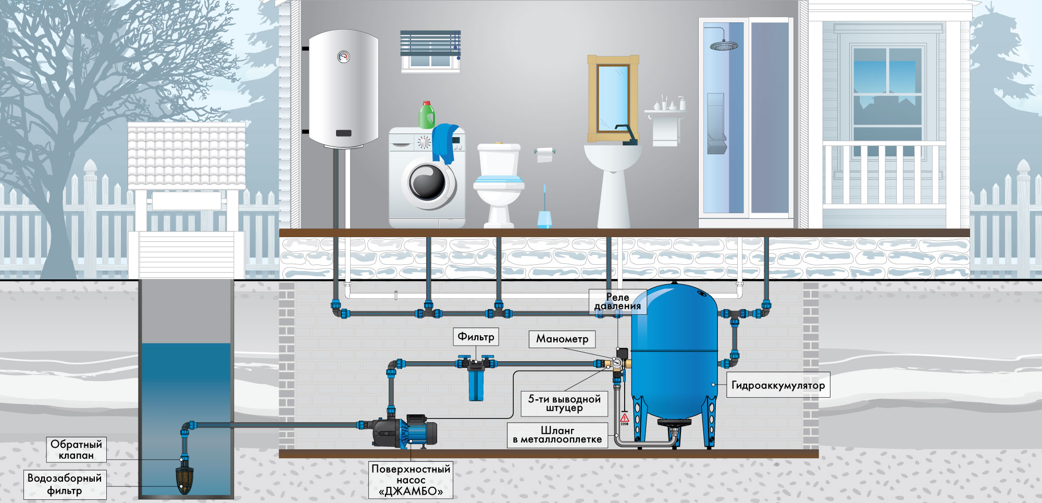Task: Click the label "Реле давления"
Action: (618, 302)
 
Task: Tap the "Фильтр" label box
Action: (476, 337)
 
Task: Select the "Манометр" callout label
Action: (562, 339)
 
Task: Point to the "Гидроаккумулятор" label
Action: (778, 386)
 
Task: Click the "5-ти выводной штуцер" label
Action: (564, 403)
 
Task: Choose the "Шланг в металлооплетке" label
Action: (557, 435)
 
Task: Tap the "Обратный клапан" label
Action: (76, 449)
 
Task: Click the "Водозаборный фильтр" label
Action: (65, 484)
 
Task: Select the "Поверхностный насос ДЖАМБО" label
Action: (411, 480)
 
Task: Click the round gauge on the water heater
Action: (344, 57)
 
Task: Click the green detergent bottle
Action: (427, 115)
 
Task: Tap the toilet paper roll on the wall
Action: (544, 154)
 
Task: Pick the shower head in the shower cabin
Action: (724, 46)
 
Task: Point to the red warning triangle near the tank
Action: (624, 418)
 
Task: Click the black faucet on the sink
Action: (626, 134)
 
